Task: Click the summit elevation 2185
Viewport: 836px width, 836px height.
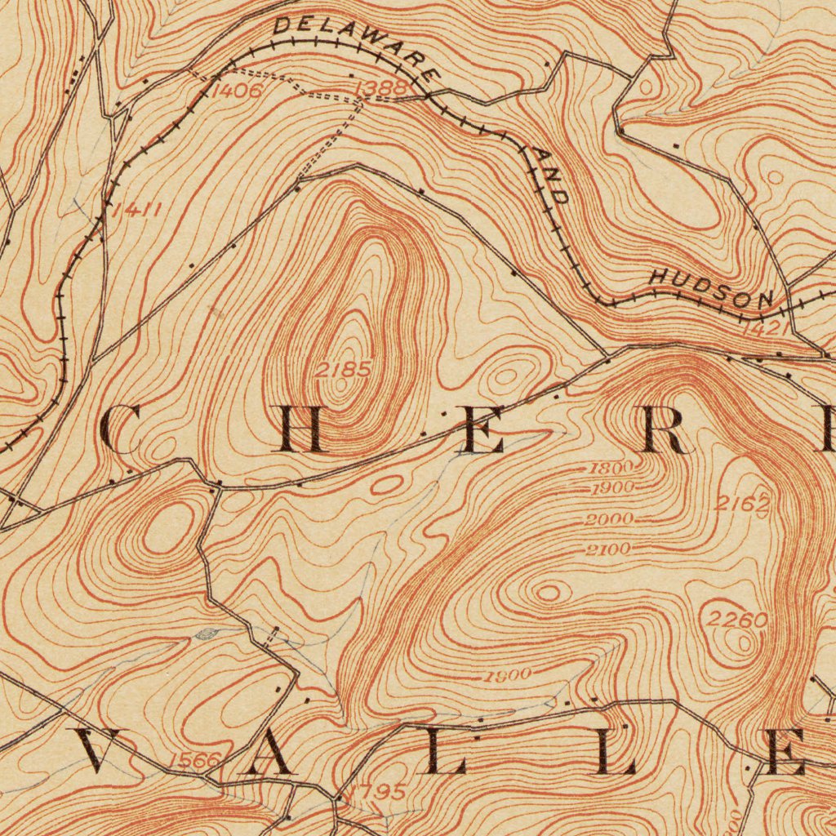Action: pyautogui.click(x=343, y=370)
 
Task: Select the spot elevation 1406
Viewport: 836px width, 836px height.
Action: pyautogui.click(x=236, y=91)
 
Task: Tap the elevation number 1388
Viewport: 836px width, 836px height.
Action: pyautogui.click(x=380, y=87)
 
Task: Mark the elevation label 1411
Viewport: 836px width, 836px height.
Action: pyautogui.click(x=136, y=211)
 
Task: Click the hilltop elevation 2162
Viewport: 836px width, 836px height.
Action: pyautogui.click(x=741, y=504)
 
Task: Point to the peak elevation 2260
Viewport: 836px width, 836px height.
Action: pyautogui.click(x=736, y=620)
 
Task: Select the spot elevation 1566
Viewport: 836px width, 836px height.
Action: pyautogui.click(x=194, y=761)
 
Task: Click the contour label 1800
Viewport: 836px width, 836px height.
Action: pyautogui.click(x=611, y=469)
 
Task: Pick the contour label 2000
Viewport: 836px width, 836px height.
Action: pyautogui.click(x=609, y=519)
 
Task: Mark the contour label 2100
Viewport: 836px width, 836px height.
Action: pyautogui.click(x=608, y=549)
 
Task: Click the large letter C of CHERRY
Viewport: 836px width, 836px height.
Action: pyautogui.click(x=122, y=429)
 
